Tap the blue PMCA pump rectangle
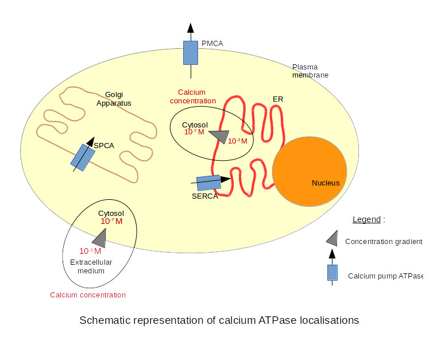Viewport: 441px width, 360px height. [190, 52]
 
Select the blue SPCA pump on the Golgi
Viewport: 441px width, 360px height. [83, 157]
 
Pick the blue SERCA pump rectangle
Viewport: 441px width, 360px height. [208, 183]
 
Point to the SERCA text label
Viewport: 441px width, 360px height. [205, 196]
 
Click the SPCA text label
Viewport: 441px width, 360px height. [105, 145]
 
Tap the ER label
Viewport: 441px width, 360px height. [278, 99]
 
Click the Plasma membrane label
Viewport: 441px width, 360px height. [310, 71]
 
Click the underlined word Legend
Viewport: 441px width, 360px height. [366, 219]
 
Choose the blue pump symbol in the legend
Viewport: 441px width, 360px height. [332, 273]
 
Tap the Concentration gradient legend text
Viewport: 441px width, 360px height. [384, 242]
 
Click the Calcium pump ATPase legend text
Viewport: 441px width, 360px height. [385, 276]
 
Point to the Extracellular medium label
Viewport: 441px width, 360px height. [88, 266]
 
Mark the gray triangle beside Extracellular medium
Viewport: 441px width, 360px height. [99, 236]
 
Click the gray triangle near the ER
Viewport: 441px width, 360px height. [219, 136]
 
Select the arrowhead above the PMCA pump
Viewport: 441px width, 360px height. [190, 29]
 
